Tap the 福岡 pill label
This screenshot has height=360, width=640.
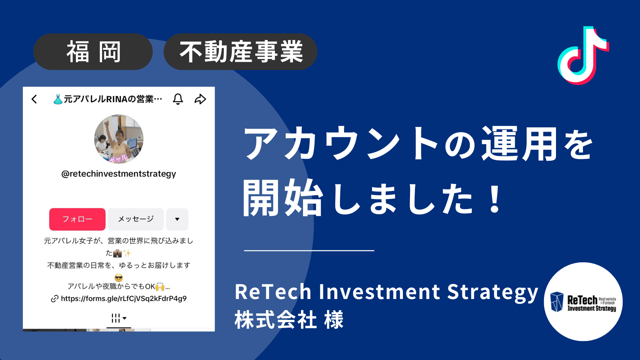tap(93, 52)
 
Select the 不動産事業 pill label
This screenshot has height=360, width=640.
tap(240, 52)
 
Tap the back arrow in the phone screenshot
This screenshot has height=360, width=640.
tap(34, 99)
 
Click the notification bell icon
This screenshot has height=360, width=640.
tap(178, 99)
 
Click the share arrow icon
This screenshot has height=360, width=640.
tap(200, 99)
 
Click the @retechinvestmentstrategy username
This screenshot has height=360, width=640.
tap(119, 174)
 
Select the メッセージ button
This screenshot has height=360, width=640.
tap(136, 219)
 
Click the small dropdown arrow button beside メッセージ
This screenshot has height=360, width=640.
tap(177, 219)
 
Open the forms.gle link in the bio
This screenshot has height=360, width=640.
tap(123, 298)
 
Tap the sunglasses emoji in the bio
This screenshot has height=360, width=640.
tap(119, 278)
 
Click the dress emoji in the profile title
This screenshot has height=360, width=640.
tap(58, 99)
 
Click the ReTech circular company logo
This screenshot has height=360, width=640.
tap(583, 302)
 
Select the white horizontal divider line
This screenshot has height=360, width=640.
tap(309, 250)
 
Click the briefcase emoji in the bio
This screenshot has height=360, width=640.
tap(117, 254)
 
